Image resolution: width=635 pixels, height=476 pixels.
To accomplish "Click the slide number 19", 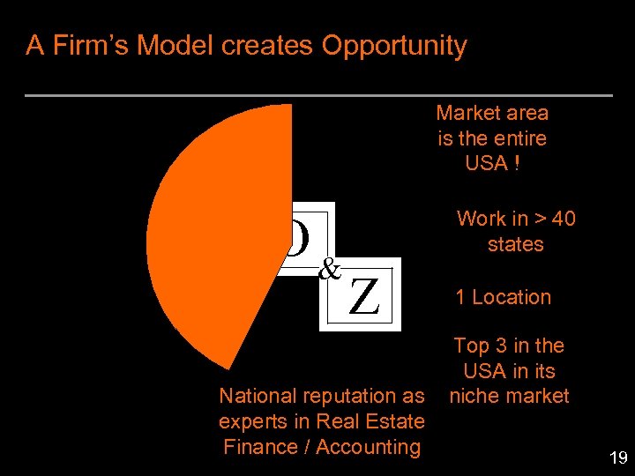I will pos(617,457).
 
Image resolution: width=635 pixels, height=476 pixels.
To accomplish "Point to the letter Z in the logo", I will pos(364,296).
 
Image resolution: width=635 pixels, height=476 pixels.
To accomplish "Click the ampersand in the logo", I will pos(329,268).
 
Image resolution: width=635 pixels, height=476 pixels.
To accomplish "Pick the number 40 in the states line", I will pos(561,219).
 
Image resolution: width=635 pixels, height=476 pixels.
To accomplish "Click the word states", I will pos(515,244).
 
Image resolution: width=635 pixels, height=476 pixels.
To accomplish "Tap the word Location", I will pos(512,298).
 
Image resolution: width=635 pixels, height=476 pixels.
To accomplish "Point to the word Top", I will pos(470,346).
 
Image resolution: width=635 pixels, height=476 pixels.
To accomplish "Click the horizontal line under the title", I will pos(318,94).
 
